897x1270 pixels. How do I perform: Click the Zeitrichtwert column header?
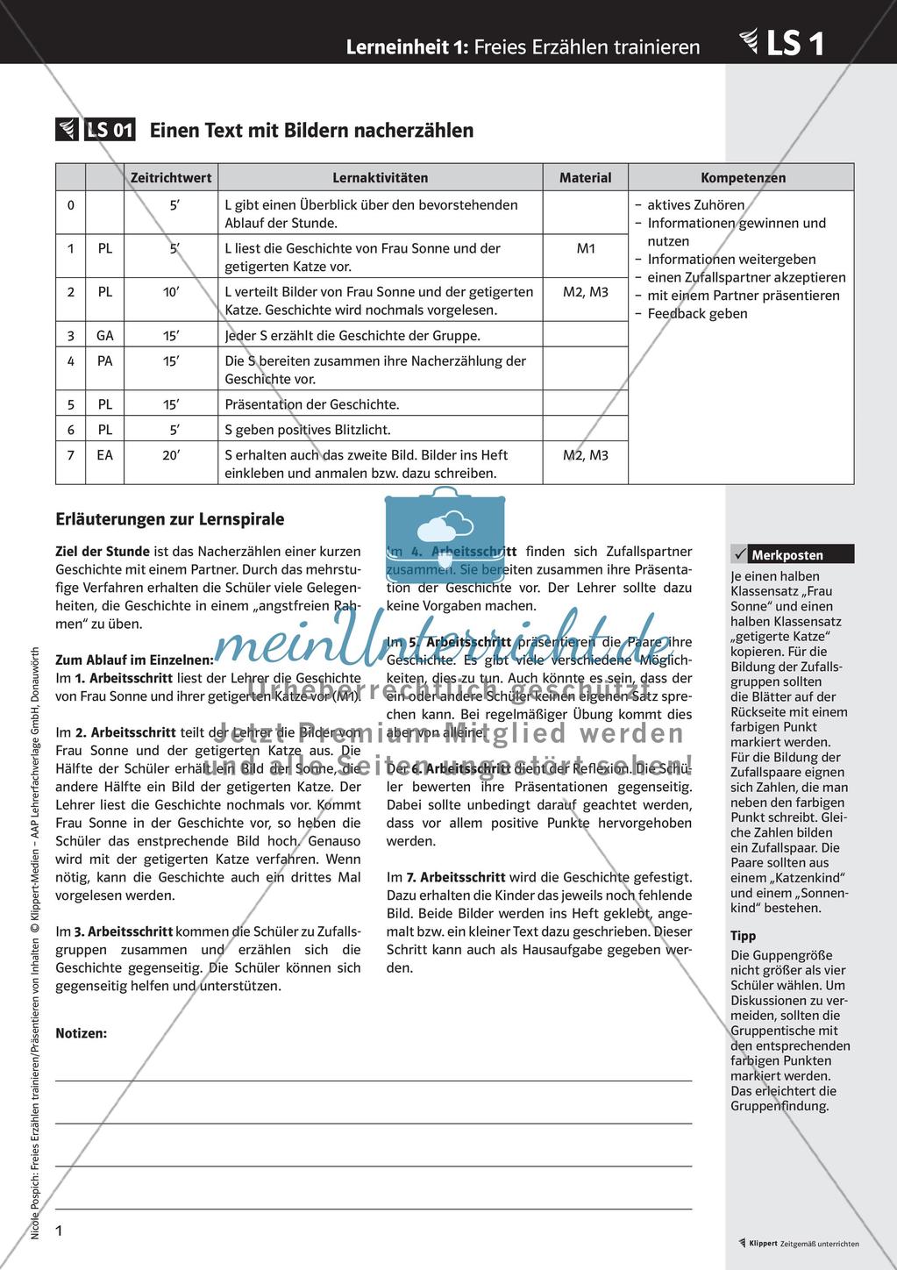[x=171, y=177]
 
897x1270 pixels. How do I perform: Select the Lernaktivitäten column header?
[x=380, y=177]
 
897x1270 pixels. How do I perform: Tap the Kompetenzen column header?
[x=743, y=177]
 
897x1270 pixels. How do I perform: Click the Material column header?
[x=585, y=177]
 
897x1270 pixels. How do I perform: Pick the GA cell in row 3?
[x=104, y=335]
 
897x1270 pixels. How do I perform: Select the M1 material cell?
[x=585, y=248]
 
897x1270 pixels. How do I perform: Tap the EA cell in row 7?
[x=104, y=455]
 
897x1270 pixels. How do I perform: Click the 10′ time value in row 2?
[x=171, y=291]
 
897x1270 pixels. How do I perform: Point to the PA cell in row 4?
[x=104, y=360]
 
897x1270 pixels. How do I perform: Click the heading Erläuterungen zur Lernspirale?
[x=169, y=519]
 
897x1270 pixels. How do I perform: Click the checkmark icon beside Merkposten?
[x=738, y=554]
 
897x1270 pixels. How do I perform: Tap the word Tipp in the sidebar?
[x=743, y=936]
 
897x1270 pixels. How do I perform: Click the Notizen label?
[x=81, y=1033]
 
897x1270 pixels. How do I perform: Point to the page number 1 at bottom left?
[x=60, y=1231]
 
